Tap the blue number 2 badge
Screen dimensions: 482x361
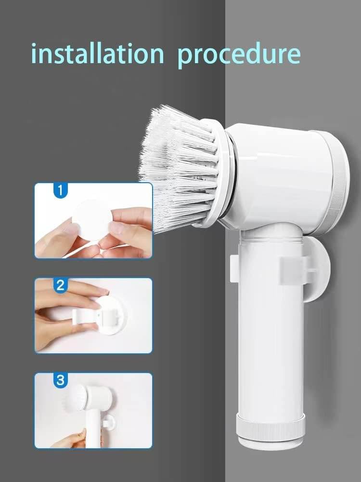tap(60, 285)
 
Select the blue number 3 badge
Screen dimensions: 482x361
tap(60, 380)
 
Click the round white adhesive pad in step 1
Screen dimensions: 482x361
tap(91, 219)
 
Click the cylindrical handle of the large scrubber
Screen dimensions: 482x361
tap(270, 337)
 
